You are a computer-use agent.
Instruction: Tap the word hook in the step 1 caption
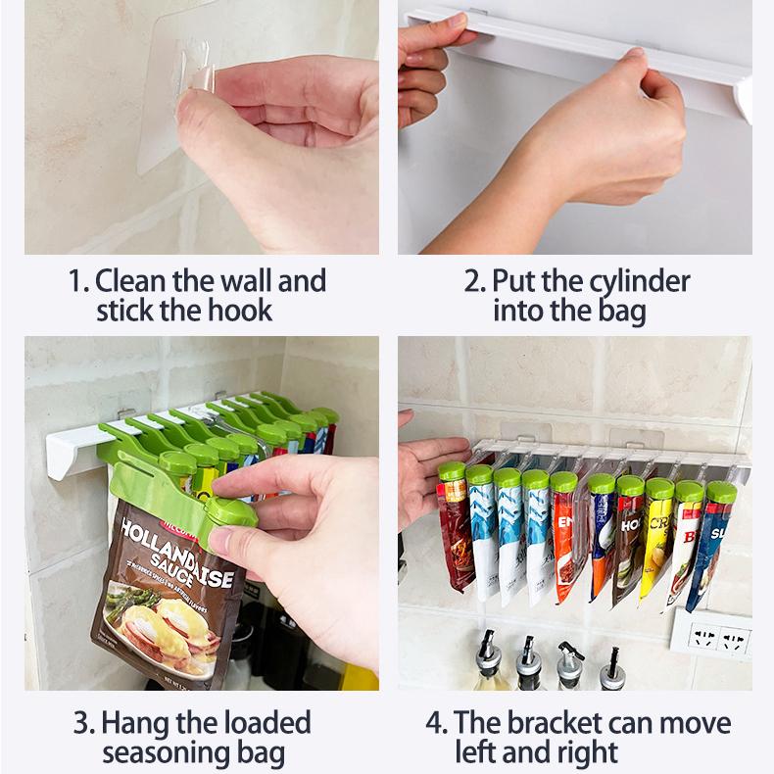(x=239, y=312)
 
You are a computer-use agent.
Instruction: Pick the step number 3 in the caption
(x=82, y=724)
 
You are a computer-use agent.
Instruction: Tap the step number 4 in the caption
(x=435, y=724)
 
